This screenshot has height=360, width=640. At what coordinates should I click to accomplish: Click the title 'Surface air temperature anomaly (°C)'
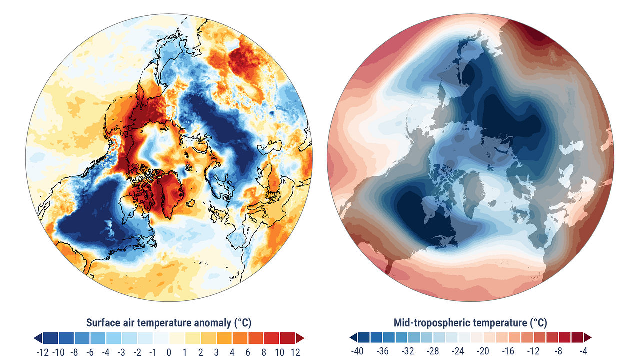[169, 323]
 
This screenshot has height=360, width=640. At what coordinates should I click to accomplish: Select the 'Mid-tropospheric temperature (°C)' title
[470, 323]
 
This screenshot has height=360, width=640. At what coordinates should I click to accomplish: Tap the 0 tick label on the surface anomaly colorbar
[169, 352]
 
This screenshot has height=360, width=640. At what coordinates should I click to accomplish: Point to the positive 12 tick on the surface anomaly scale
[295, 352]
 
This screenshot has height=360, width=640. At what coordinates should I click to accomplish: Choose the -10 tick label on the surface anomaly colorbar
[59, 352]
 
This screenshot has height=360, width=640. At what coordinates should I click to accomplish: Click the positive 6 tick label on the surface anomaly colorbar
[248, 352]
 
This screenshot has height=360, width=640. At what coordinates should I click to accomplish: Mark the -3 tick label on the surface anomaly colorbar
[121, 352]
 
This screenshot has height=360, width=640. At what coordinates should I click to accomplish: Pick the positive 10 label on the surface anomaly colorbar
[279, 352]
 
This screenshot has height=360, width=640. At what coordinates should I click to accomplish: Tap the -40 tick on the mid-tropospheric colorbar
[357, 351]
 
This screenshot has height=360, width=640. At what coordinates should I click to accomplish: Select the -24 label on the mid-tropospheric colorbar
[458, 351]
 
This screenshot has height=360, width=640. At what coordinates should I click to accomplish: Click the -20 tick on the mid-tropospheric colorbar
[483, 351]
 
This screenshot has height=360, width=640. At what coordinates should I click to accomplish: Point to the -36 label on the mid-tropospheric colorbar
[382, 351]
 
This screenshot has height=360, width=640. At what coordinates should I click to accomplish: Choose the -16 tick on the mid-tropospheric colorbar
[508, 351]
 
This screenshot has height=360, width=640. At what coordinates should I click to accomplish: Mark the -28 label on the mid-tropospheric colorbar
[433, 351]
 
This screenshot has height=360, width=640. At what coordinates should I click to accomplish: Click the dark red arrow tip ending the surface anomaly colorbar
[304, 338]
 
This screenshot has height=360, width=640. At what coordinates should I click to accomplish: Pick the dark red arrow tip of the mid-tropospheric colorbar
[591, 337]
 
